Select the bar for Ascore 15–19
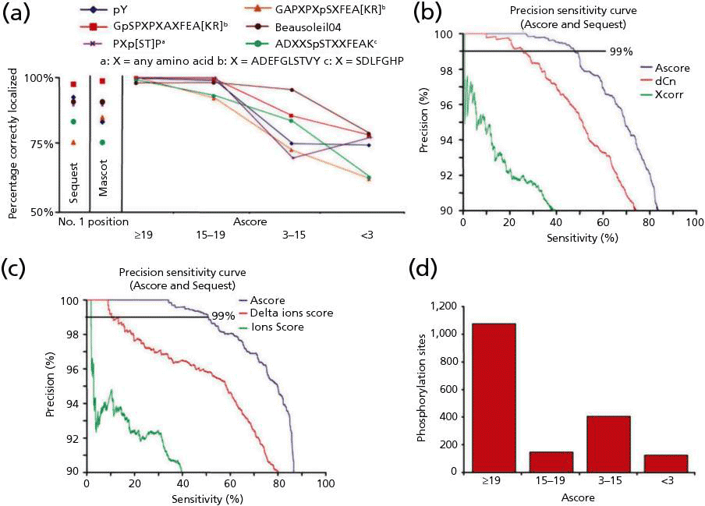[x=551, y=462]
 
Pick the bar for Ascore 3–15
[x=608, y=444]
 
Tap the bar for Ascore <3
[x=665, y=463]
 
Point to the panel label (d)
[x=425, y=269]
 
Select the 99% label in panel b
[x=620, y=51]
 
